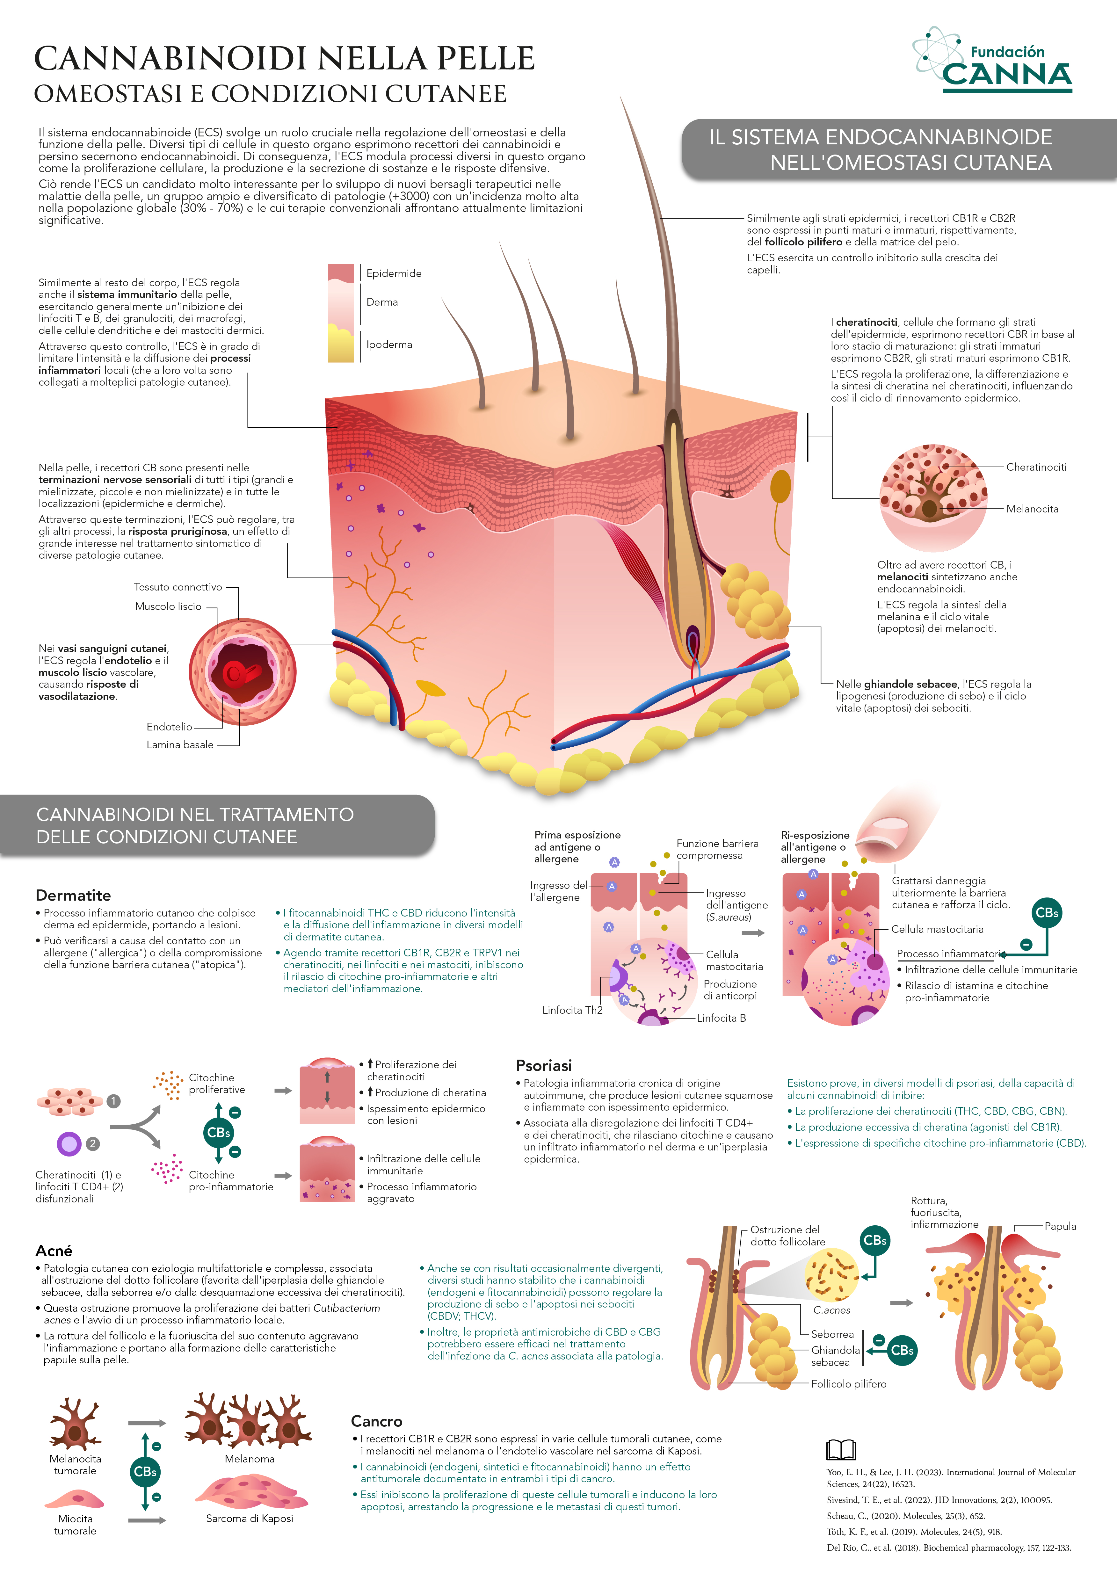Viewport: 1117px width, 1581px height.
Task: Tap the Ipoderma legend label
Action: (389, 344)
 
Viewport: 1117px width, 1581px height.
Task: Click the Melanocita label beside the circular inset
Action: (1032, 509)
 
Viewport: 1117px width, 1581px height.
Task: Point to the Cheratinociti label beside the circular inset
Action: (1036, 467)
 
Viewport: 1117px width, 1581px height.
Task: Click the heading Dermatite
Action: (73, 895)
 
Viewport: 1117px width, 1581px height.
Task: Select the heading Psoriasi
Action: (544, 1065)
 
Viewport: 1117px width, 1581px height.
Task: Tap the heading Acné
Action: (54, 1251)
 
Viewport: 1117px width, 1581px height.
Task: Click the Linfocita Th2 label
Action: (572, 1010)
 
